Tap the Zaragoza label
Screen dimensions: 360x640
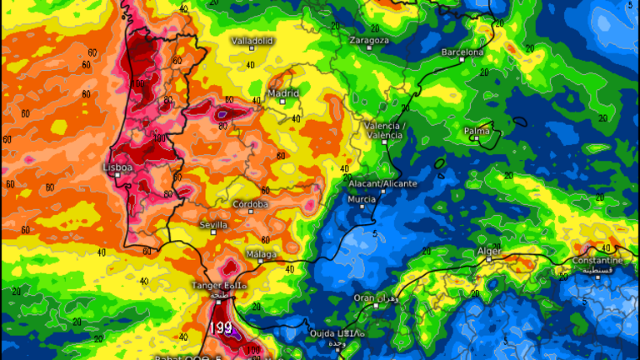coord(369,39)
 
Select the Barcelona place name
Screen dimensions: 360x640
coord(462,52)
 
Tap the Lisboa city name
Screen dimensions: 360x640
coord(117,167)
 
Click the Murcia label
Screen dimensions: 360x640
coord(361,199)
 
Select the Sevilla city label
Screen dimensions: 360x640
coord(214,225)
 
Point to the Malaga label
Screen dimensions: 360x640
coord(261,253)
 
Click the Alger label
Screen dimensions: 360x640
coord(488,250)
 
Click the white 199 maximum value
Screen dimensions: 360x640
coord(222,327)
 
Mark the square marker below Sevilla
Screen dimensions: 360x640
coord(214,234)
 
